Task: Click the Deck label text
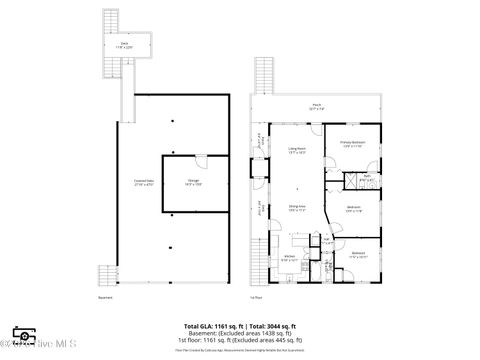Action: coord(125,45)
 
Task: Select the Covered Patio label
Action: coord(144,183)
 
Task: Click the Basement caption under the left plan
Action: coord(105,297)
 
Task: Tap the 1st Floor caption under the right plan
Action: coord(256,297)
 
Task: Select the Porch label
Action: coord(316,105)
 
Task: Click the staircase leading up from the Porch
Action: coord(265,76)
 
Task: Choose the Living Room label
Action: coord(297,150)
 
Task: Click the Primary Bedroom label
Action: coord(352,144)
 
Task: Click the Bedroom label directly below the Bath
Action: coord(353,210)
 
